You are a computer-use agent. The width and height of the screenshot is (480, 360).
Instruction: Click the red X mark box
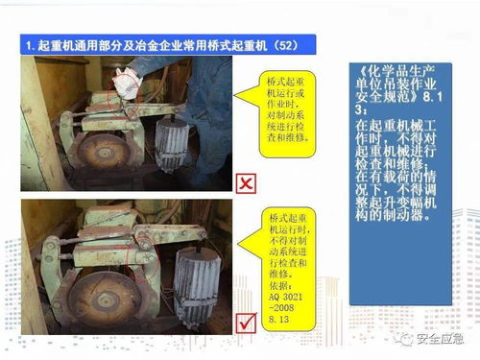coord(247,183)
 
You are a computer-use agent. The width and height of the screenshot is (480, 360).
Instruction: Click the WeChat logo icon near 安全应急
coord(407,338)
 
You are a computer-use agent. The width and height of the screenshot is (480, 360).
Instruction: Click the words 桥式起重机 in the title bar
coord(240,44)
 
